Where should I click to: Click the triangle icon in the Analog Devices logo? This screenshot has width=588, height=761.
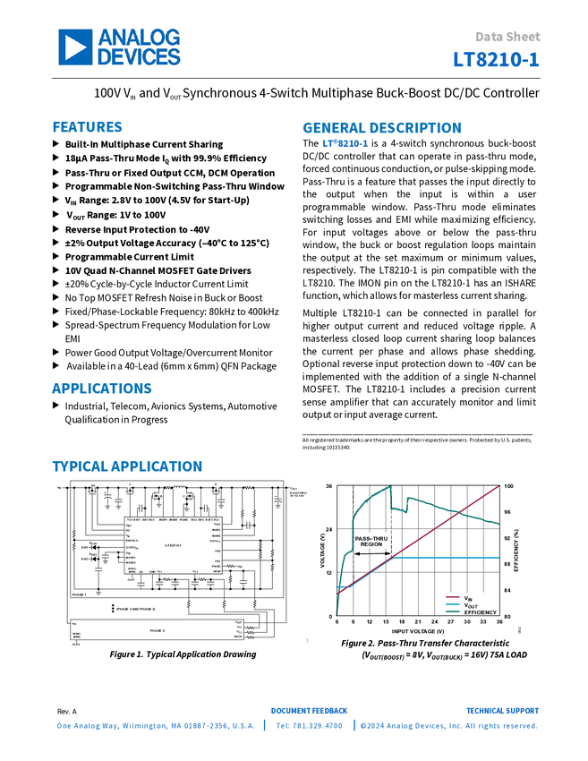pyautogui.click(x=75, y=47)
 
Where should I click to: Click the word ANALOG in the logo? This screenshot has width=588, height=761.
pyautogui.click(x=139, y=37)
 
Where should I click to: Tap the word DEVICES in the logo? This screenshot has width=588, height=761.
pyautogui.click(x=139, y=57)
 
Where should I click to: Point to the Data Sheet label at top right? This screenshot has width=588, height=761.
pyautogui.click(x=508, y=37)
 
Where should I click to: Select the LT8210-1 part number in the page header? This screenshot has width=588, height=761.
pyautogui.click(x=497, y=60)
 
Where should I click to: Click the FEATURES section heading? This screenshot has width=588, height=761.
pyautogui.click(x=87, y=127)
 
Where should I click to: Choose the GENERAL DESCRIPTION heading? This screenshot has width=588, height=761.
pyautogui.click(x=381, y=128)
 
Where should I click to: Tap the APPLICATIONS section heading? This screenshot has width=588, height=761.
pyautogui.click(x=102, y=389)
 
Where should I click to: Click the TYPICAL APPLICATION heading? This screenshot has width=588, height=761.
pyautogui.click(x=127, y=466)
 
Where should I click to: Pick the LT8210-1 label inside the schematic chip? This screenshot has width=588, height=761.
pyautogui.click(x=174, y=544)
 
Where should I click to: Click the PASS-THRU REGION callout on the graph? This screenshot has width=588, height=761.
pyautogui.click(x=370, y=540)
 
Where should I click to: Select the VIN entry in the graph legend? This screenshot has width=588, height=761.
pyautogui.click(x=467, y=597)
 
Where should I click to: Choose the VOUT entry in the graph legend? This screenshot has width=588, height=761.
pyautogui.click(x=469, y=604)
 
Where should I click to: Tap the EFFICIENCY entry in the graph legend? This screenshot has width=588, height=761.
pyautogui.click(x=480, y=611)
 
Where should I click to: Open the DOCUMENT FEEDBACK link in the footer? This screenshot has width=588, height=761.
pyautogui.click(x=309, y=711)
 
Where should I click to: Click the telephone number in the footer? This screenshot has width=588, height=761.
pyautogui.click(x=309, y=725)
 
